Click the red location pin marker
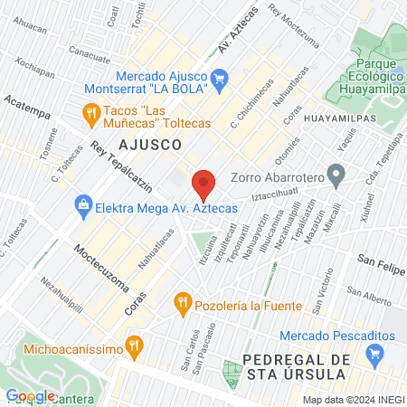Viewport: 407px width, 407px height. click(x=203, y=185)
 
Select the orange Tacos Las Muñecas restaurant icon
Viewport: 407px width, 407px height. click(x=90, y=113)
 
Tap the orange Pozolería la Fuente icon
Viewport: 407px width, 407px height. click(x=184, y=301)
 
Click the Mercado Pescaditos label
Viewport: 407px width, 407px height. click(x=338, y=336)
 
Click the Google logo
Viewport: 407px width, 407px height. click(x=30, y=395)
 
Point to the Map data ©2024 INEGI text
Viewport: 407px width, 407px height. click(x=353, y=400)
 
